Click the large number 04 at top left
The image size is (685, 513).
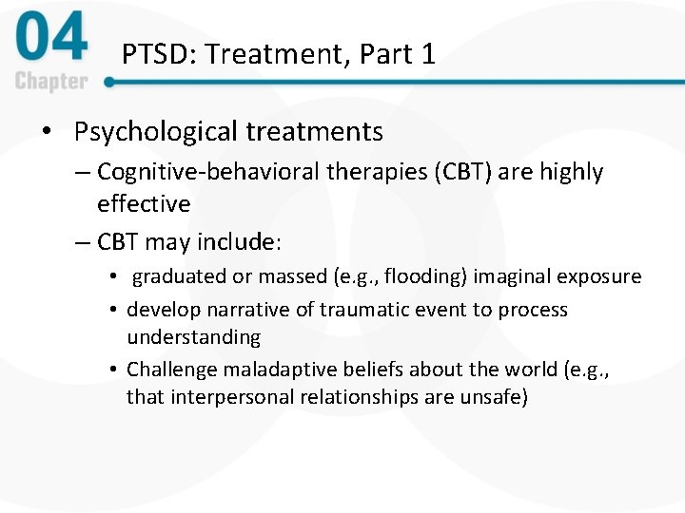click(x=52, y=40)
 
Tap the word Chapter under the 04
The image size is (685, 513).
click(x=51, y=82)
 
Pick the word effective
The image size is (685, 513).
click(x=144, y=203)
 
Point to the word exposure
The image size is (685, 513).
click(x=600, y=276)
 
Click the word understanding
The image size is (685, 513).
click(x=193, y=336)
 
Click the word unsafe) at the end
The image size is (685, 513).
click(x=493, y=396)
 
